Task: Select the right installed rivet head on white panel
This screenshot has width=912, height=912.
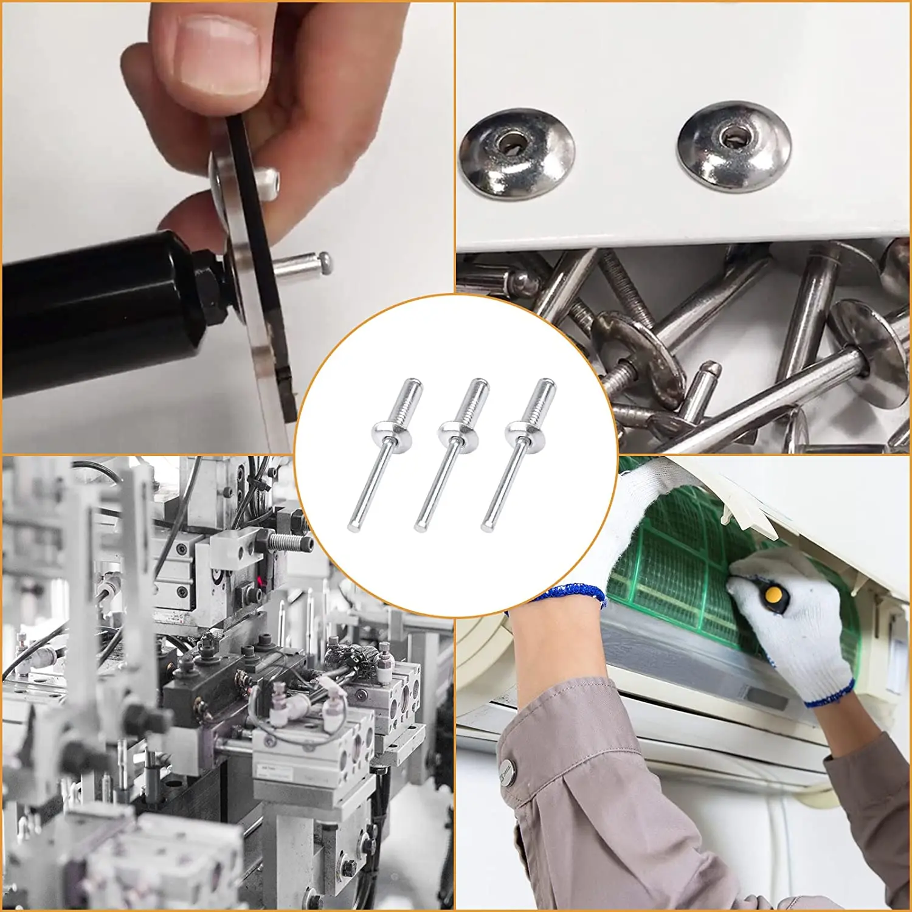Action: pos(734,146)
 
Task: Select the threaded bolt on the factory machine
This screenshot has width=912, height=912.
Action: pos(289,541)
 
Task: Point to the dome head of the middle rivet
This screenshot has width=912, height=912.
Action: pos(458,433)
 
